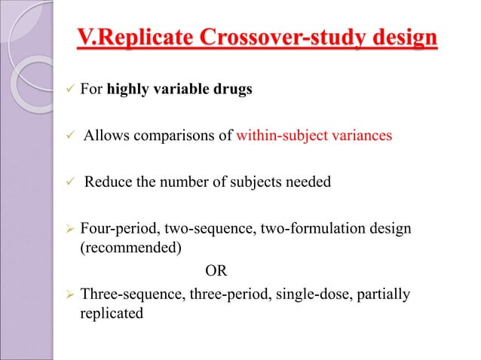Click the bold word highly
pos(132,91)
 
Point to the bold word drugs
pos(230,91)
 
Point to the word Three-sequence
pos(124,294)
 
